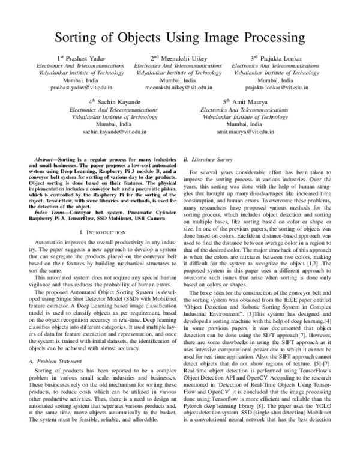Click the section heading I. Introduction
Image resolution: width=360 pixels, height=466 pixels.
[98, 232]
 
